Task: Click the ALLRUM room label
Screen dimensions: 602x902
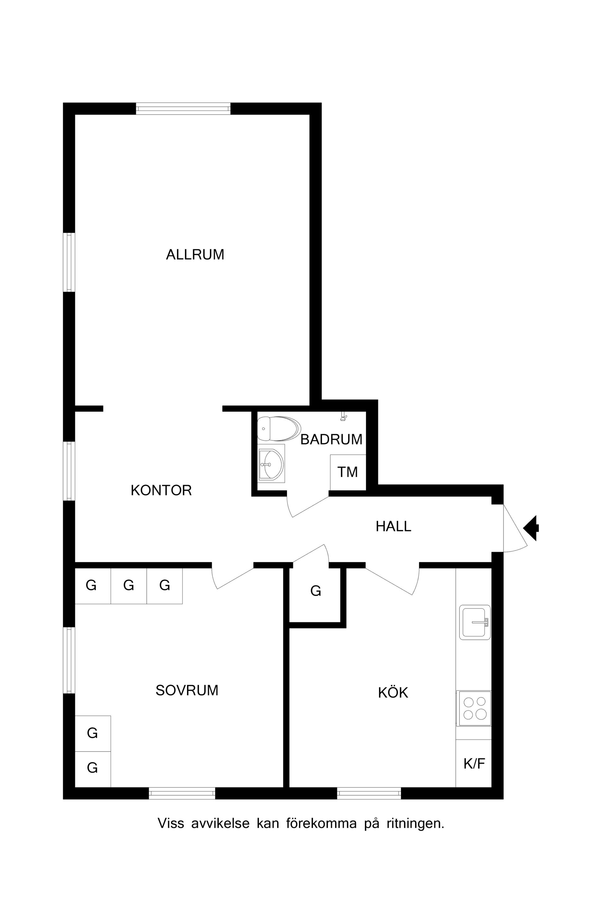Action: (x=195, y=255)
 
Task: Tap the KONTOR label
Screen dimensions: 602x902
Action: (x=161, y=490)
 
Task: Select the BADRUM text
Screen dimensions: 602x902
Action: (x=331, y=439)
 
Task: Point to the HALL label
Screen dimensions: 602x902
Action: (x=393, y=526)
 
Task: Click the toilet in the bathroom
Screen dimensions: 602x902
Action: (x=279, y=428)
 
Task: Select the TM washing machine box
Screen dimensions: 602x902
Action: (x=348, y=473)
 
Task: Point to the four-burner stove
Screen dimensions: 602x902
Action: (x=474, y=708)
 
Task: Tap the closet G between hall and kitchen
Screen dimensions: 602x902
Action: (x=316, y=591)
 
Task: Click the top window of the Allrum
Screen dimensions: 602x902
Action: (x=183, y=109)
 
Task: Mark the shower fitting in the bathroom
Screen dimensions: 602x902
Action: (x=344, y=417)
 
